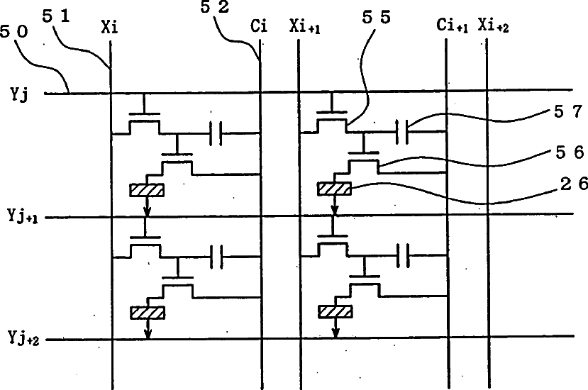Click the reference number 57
coord(566,111)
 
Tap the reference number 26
coord(566,185)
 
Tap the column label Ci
coord(259,29)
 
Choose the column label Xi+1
coord(304,29)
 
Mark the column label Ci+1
coord(451,29)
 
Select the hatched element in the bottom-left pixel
coord(147,311)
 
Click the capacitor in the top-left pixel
coord(217,132)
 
